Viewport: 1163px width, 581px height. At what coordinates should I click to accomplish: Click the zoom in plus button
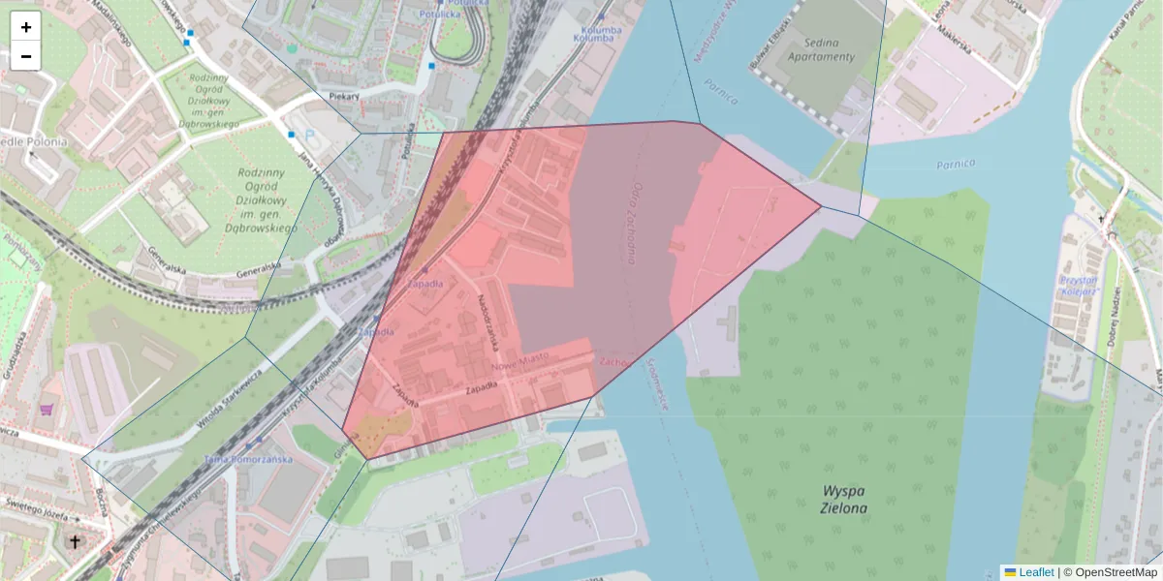26,26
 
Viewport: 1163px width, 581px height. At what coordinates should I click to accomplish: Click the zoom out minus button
26,56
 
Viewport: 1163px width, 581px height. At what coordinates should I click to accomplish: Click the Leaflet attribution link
1035,572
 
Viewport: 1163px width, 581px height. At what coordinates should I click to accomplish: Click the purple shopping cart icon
46,410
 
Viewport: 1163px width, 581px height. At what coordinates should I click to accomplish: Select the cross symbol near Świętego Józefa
76,541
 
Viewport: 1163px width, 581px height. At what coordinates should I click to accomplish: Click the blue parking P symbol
310,136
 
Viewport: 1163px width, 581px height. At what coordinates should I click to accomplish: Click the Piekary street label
344,96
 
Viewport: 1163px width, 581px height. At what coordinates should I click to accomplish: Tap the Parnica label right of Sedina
956,164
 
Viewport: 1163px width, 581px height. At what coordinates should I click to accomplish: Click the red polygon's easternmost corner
821,206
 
